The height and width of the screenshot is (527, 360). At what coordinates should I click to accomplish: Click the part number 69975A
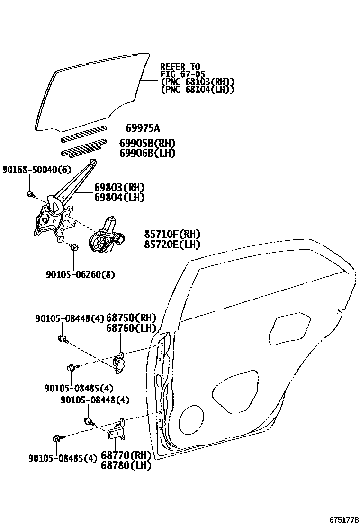(143, 128)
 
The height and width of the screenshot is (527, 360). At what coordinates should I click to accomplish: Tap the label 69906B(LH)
(147, 153)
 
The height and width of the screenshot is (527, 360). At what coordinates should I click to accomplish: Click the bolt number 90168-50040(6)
(30, 169)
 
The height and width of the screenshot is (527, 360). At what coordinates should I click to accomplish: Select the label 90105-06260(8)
(80, 274)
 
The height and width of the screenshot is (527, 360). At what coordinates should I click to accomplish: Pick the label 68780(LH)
(126, 465)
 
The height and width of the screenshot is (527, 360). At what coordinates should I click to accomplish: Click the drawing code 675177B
(343, 520)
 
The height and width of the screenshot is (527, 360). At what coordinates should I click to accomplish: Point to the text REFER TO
(180, 66)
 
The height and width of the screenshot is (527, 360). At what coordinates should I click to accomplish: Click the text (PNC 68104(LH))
(198, 89)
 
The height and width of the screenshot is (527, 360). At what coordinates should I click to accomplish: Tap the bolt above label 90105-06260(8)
(73, 246)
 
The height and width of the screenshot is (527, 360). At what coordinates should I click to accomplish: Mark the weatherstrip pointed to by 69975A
(84, 133)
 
